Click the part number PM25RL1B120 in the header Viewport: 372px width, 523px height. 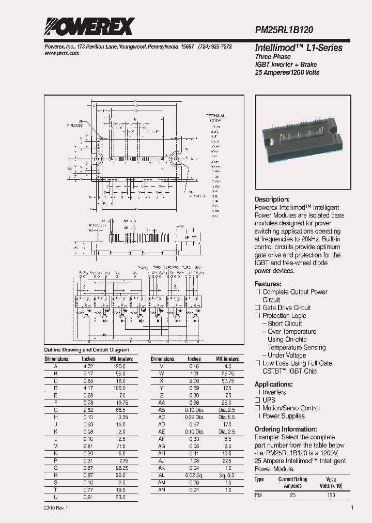(x=284, y=30)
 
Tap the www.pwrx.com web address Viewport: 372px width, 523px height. (x=58, y=53)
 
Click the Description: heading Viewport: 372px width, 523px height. (x=272, y=199)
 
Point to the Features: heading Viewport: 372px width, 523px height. (x=268, y=284)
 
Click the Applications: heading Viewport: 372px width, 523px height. (x=273, y=384)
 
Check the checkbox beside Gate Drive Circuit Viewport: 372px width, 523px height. (x=257, y=308)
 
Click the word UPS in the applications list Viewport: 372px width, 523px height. (x=269, y=400)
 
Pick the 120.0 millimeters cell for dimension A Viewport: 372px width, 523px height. (x=120, y=366)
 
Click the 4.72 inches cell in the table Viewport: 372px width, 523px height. (x=89, y=366)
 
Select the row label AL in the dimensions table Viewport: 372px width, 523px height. (x=162, y=475)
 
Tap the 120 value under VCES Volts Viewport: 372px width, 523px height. (x=331, y=495)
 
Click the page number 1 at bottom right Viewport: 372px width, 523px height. (x=352, y=508)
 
